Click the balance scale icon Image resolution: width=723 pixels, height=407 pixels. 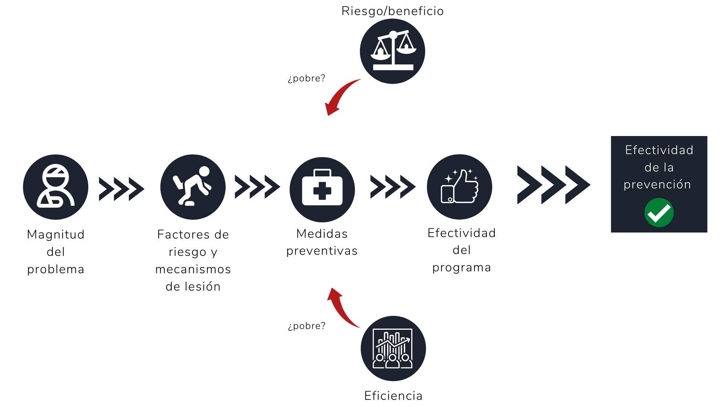point(392,51)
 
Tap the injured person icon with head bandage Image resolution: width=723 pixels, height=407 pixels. point(56,187)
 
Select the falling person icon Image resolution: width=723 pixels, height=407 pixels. point(193,187)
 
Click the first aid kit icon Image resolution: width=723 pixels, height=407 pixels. point(322,190)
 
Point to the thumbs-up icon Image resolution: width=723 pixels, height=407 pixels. point(459,187)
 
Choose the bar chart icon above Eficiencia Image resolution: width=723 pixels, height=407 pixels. point(393,349)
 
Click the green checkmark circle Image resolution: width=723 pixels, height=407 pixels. point(659,213)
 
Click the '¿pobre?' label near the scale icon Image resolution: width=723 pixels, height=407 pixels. point(307,78)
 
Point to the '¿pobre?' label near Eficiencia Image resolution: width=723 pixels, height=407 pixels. point(307,326)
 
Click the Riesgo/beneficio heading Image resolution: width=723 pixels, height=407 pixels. point(392,11)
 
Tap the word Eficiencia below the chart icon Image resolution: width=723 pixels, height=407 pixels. point(394,396)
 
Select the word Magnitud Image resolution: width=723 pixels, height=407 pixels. point(56,234)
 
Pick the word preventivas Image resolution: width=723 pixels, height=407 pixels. point(322,251)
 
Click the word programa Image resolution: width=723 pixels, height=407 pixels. point(462,268)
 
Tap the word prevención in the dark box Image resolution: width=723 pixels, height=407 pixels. point(657,185)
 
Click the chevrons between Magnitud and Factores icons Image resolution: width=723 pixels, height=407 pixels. point(121,189)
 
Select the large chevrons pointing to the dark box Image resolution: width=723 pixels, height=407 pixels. point(554,185)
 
